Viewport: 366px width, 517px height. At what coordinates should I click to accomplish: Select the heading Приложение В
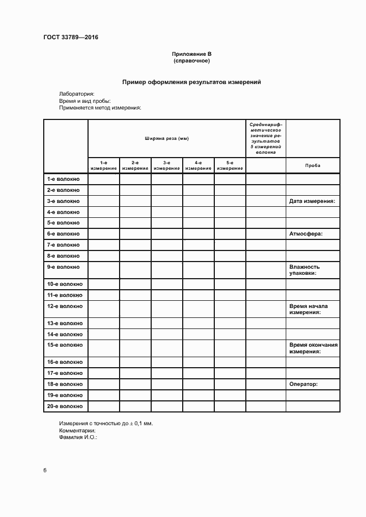click(192, 54)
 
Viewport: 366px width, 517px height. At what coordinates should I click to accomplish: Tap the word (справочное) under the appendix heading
click(192, 61)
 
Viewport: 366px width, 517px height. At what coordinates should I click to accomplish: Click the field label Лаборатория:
click(76, 94)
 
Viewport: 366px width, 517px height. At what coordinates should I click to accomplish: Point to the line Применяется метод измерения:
click(100, 108)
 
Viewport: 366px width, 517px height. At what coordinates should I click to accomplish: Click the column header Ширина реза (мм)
click(167, 138)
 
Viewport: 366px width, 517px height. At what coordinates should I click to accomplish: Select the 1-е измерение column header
click(104, 165)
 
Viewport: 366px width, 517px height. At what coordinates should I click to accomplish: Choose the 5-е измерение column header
click(230, 165)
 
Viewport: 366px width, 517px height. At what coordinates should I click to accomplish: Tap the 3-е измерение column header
click(167, 165)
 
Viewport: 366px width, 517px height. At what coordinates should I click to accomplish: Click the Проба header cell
click(313, 166)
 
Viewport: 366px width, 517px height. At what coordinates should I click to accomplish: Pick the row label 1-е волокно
click(64, 179)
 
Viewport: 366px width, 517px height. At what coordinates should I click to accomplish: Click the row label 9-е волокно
click(64, 267)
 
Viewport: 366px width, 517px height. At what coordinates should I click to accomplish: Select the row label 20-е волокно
click(65, 406)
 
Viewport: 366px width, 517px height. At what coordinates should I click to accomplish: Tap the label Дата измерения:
click(312, 201)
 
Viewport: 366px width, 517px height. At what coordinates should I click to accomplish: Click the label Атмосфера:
click(306, 234)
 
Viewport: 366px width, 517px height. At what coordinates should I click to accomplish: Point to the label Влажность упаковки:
click(305, 270)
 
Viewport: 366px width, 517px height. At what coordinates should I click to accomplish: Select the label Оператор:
click(303, 384)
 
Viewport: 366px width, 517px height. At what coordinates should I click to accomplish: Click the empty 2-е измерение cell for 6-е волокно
click(135, 234)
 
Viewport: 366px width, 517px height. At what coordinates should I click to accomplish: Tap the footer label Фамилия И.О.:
click(78, 437)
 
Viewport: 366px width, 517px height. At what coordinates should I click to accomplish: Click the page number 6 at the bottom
click(45, 471)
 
